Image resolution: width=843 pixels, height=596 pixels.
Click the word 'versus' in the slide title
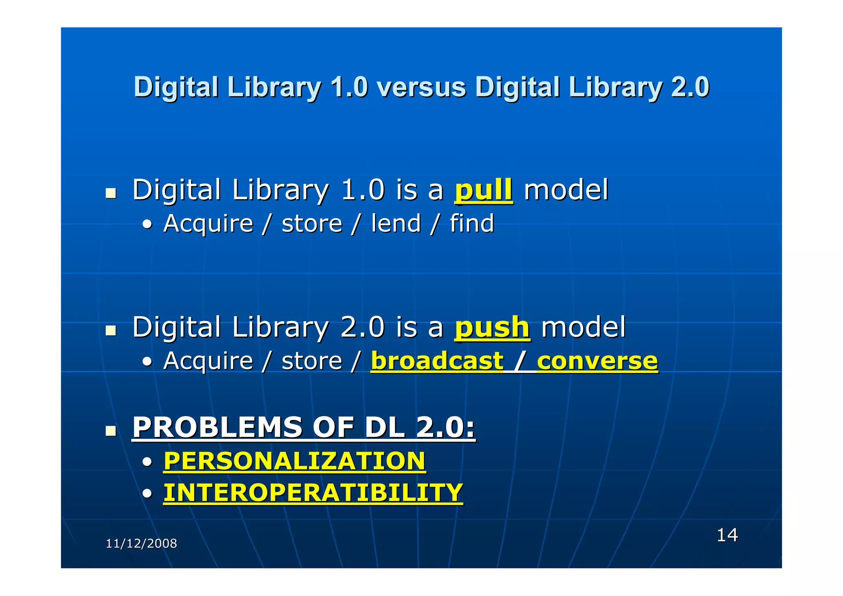[x=421, y=87]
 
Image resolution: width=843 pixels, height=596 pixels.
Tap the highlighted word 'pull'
[x=484, y=190]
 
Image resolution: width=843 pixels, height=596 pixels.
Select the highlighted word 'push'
[x=492, y=328]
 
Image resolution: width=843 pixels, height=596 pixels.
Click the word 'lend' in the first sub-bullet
[x=396, y=223]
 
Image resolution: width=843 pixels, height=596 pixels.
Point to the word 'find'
[x=472, y=223]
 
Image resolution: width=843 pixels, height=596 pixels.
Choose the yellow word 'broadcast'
[x=437, y=361]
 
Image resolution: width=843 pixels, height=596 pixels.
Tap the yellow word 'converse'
[x=597, y=361]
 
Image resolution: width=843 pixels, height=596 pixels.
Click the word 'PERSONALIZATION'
[x=294, y=461]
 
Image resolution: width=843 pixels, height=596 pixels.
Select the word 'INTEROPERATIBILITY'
[x=313, y=493]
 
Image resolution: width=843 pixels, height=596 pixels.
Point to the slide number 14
[x=727, y=535]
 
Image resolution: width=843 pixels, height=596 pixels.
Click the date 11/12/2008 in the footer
[x=141, y=544]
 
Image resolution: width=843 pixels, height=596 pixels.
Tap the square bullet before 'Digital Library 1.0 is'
[x=110, y=193]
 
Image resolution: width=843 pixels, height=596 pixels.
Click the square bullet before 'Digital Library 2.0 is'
[x=110, y=331]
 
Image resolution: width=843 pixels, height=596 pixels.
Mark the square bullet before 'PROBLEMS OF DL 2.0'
[x=110, y=431]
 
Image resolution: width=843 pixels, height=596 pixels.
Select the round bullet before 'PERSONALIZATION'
[x=147, y=462]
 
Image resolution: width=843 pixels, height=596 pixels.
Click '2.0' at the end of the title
[x=690, y=87]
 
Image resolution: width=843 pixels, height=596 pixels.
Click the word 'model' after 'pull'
[x=566, y=190]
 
